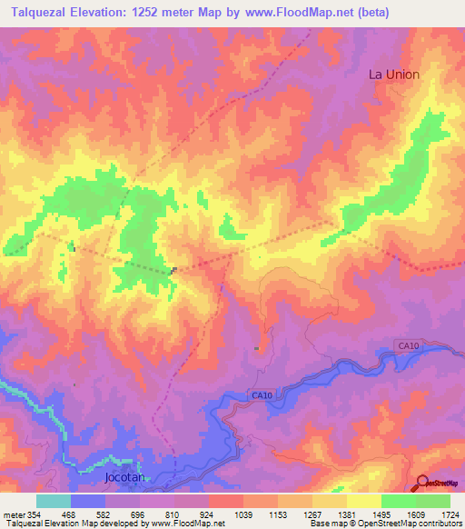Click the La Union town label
point(393,75)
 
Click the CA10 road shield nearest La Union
point(409,345)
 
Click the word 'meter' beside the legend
point(13,514)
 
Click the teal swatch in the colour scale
point(54,501)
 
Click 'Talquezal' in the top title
point(40,11)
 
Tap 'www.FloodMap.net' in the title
point(297,11)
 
